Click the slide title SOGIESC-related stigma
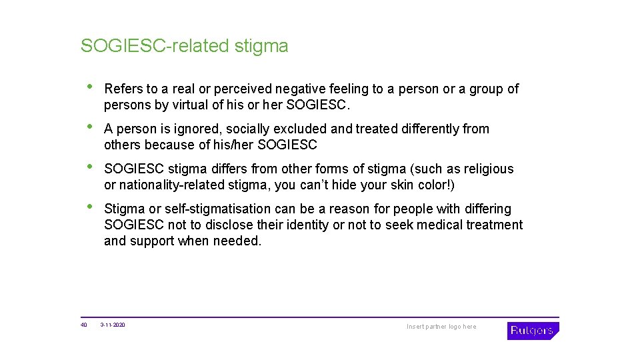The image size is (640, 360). (x=185, y=46)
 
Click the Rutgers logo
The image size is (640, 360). (x=533, y=331)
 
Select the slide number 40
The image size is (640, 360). (x=84, y=325)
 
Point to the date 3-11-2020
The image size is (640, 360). (x=113, y=325)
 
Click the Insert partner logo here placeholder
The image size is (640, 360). (x=441, y=327)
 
